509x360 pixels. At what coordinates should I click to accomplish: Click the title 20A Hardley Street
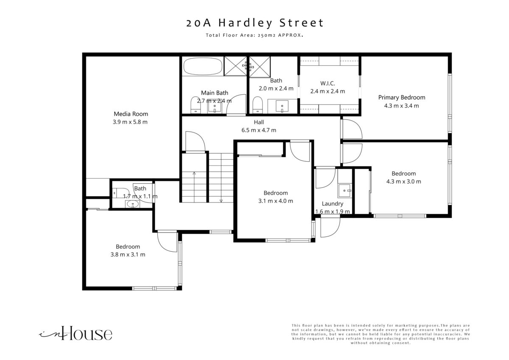(x=255, y=23)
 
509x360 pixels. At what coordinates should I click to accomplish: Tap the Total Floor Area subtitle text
(x=255, y=35)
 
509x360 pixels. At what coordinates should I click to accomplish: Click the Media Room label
(x=131, y=114)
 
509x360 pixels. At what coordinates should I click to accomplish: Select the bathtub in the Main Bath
(x=203, y=66)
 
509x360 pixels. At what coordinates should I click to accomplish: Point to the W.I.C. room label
(x=327, y=83)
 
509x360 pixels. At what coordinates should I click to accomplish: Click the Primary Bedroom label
(x=402, y=97)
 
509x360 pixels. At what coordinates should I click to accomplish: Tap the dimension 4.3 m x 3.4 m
(x=401, y=106)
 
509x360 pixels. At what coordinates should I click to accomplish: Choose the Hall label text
(x=259, y=122)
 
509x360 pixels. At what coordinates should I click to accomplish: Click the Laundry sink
(x=345, y=191)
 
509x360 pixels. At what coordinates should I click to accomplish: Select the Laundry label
(x=332, y=203)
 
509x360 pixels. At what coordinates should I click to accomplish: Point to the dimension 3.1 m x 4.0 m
(x=275, y=201)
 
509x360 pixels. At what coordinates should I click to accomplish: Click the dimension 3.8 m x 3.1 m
(x=128, y=254)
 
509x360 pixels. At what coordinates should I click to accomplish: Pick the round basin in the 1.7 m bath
(x=133, y=204)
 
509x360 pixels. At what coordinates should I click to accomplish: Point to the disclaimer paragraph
(x=380, y=334)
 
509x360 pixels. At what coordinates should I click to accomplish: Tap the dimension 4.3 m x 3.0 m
(x=403, y=181)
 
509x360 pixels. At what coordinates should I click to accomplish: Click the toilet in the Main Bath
(x=196, y=104)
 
